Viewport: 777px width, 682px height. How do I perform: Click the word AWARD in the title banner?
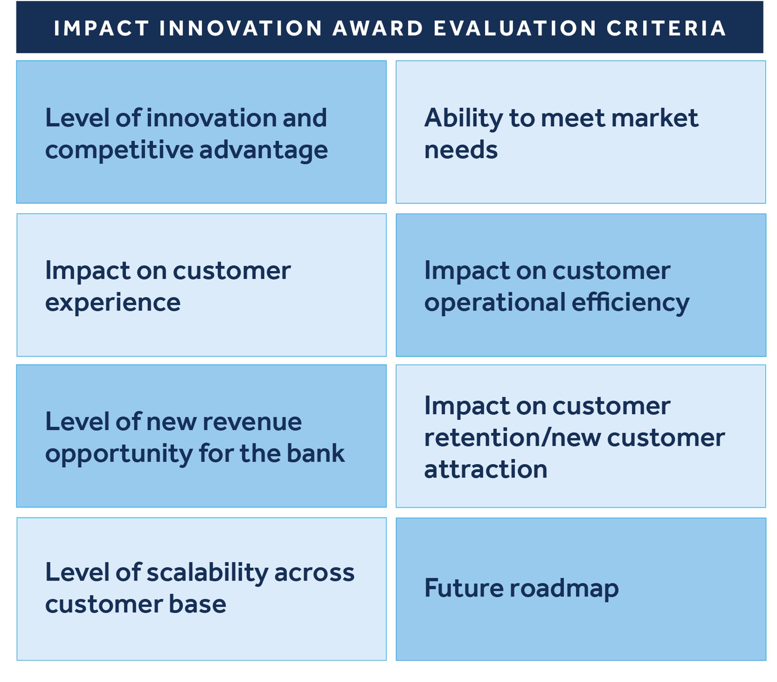click(378, 28)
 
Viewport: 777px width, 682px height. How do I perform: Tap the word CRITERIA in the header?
click(666, 28)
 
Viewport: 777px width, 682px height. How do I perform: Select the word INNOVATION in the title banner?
click(241, 28)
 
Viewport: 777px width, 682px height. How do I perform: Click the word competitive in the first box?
click(119, 150)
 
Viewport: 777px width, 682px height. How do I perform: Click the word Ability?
click(463, 118)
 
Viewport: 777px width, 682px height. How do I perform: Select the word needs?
click(461, 151)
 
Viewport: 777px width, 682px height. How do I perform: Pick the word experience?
click(113, 303)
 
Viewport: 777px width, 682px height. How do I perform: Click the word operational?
click(495, 303)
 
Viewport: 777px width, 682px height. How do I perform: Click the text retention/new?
click(513, 438)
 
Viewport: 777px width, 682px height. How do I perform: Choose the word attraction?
click(486, 470)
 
